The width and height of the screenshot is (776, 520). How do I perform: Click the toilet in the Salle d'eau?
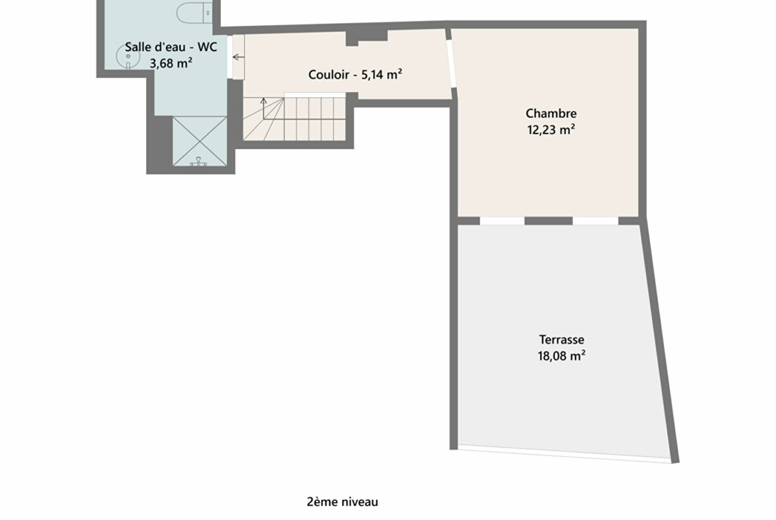coord(194,13)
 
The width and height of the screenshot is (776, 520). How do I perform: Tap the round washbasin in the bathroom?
coord(126,56)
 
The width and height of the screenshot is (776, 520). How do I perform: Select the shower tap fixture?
coord(198,162)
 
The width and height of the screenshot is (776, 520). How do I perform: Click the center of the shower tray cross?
coord(200,141)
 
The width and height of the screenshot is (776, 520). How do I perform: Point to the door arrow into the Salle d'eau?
coord(238,58)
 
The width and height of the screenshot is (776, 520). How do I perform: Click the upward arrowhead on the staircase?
coord(263,101)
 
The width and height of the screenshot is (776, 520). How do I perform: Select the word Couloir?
coord(328,75)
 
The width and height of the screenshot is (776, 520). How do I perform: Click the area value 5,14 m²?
coord(381,74)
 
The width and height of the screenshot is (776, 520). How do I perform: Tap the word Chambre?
coord(550,113)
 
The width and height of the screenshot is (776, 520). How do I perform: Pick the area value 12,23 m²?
coord(550,130)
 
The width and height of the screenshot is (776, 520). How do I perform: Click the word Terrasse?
coord(561,340)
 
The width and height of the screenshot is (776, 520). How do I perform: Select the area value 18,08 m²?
coord(561,356)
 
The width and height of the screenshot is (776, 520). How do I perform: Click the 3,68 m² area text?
coord(170,64)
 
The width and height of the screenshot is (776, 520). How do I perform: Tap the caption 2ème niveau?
coord(342,501)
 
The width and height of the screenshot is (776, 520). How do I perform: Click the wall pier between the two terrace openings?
coord(549,221)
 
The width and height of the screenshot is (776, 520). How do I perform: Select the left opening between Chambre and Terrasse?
coord(502,221)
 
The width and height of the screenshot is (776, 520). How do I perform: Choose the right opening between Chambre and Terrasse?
coord(596,221)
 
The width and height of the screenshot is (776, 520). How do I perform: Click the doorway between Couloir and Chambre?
coord(451,64)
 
